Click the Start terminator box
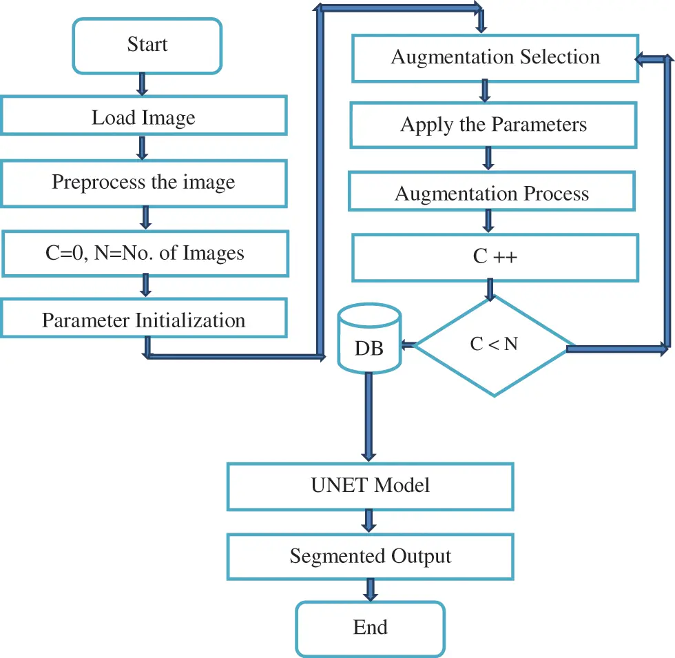pos(147,45)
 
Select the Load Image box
pos(143,115)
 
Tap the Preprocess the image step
pos(143,183)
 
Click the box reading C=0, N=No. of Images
pos(143,253)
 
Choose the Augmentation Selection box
pos(495,57)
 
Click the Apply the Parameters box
pos(493,125)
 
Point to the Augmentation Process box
pos(492,194)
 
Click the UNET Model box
pos(370,486)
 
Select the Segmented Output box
pos(370,556)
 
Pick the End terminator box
pos(370,628)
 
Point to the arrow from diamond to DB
pos(409,345)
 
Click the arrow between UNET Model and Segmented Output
pos(370,521)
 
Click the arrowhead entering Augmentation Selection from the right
pos(642,61)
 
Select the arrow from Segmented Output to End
pos(370,590)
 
